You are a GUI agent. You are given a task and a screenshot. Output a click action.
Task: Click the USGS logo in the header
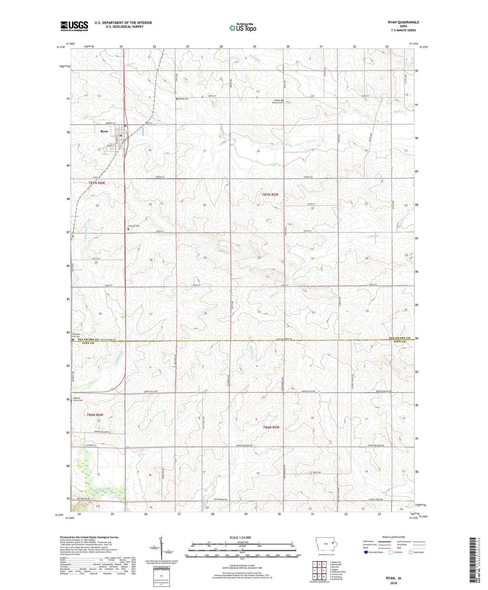coord(74,26)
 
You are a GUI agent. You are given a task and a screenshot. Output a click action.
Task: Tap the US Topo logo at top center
coord(242,28)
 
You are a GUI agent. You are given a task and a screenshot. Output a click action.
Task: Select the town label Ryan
coord(104,131)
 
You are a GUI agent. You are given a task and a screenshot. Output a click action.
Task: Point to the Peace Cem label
coord(183,99)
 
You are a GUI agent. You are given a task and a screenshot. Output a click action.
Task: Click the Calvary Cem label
coord(134,226)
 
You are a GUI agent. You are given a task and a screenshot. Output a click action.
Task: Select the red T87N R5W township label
coord(270,195)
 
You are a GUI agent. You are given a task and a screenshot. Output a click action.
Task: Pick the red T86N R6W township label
coord(95,415)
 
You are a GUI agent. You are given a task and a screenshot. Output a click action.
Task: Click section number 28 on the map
coord(259,258)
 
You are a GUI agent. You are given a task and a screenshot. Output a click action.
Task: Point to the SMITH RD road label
coord(317,472)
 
